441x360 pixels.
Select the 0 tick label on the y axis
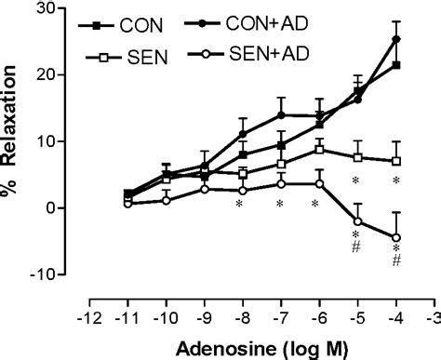click(71, 208)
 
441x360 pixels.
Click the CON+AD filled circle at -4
click(397, 39)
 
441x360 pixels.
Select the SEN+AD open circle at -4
click(397, 237)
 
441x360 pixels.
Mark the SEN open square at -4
click(397, 161)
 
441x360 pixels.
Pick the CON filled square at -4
click(397, 65)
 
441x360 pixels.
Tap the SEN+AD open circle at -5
click(358, 220)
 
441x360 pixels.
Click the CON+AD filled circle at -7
click(280, 115)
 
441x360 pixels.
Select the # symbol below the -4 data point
click(397, 261)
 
